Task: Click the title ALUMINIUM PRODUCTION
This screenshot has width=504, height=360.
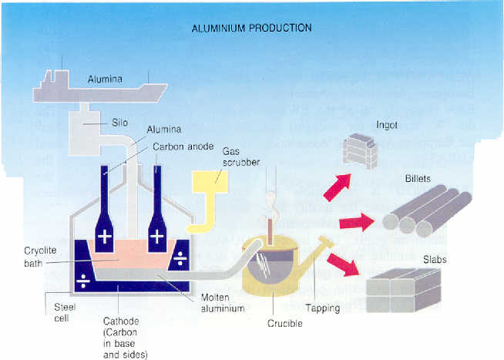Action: point(251,28)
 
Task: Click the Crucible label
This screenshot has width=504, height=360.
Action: point(284,324)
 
